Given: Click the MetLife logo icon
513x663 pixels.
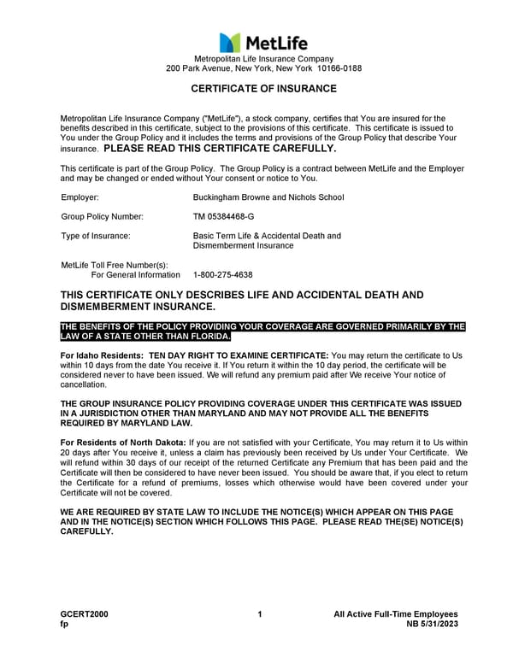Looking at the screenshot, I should pos(229,42).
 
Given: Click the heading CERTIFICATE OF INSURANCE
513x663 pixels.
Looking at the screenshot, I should pos(263,89).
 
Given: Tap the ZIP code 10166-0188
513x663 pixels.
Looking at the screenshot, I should pos(339,67).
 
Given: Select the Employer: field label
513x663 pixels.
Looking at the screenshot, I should pos(80,197).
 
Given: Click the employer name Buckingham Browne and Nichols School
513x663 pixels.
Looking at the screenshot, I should pos(268,197).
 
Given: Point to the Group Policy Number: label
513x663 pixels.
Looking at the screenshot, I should pos(102,217).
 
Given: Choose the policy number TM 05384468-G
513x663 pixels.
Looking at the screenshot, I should pos(224,217).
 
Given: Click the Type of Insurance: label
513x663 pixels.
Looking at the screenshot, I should pos(96,236).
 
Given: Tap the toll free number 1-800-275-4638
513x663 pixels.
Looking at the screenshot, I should pos(223,275).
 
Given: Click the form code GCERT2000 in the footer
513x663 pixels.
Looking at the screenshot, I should pos(84,614).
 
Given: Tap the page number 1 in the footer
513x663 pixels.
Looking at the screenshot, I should pos(259,614).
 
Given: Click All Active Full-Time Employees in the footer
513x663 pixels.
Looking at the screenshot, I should pos(396,614).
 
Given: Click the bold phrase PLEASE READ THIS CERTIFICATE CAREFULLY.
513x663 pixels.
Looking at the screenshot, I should pos(220,148).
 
